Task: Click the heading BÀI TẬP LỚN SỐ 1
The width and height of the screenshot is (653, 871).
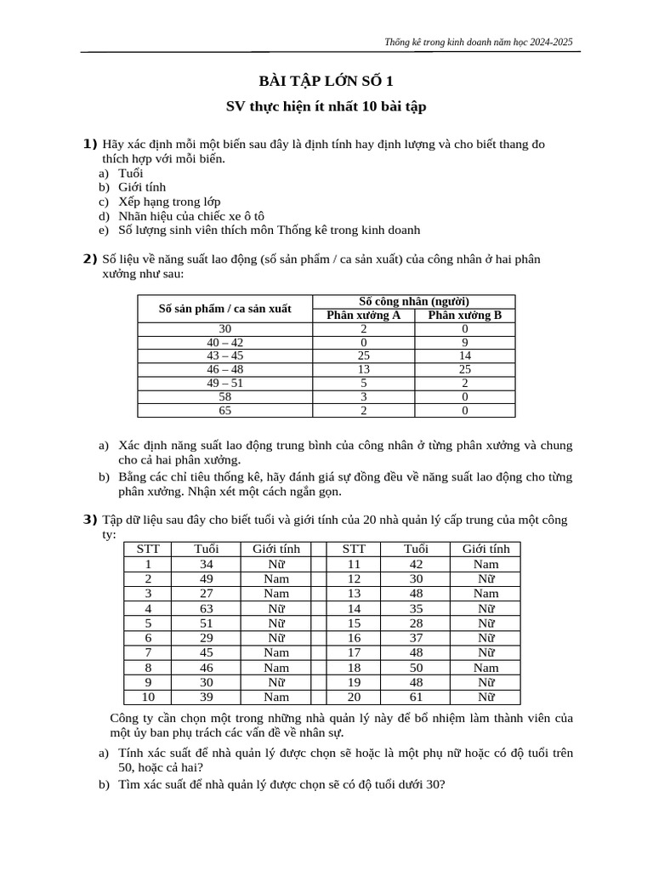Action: (326, 82)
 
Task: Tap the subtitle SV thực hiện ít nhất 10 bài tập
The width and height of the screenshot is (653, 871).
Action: (326, 107)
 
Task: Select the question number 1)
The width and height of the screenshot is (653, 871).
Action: (90, 144)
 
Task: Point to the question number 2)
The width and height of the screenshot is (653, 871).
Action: (90, 259)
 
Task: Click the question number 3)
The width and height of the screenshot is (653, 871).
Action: (90, 520)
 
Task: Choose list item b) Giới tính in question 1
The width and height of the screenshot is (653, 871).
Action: (142, 187)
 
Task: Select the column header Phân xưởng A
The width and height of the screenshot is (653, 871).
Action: (364, 316)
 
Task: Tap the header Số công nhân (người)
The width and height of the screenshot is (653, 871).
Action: (414, 302)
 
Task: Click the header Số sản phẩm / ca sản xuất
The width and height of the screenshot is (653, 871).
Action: (225, 309)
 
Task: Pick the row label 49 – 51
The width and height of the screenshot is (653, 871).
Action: (225, 383)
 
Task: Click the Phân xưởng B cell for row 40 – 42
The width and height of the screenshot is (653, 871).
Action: (465, 343)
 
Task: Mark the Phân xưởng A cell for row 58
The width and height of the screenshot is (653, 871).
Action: (364, 396)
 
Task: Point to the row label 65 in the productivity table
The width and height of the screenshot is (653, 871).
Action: (225, 410)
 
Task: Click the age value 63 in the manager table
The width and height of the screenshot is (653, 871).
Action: (206, 609)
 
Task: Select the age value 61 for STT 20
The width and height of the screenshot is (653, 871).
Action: (416, 697)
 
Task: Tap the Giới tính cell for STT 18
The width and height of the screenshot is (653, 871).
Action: (485, 668)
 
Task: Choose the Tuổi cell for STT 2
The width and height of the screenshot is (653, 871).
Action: (206, 578)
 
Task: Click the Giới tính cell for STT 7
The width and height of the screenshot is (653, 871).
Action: (276, 652)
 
